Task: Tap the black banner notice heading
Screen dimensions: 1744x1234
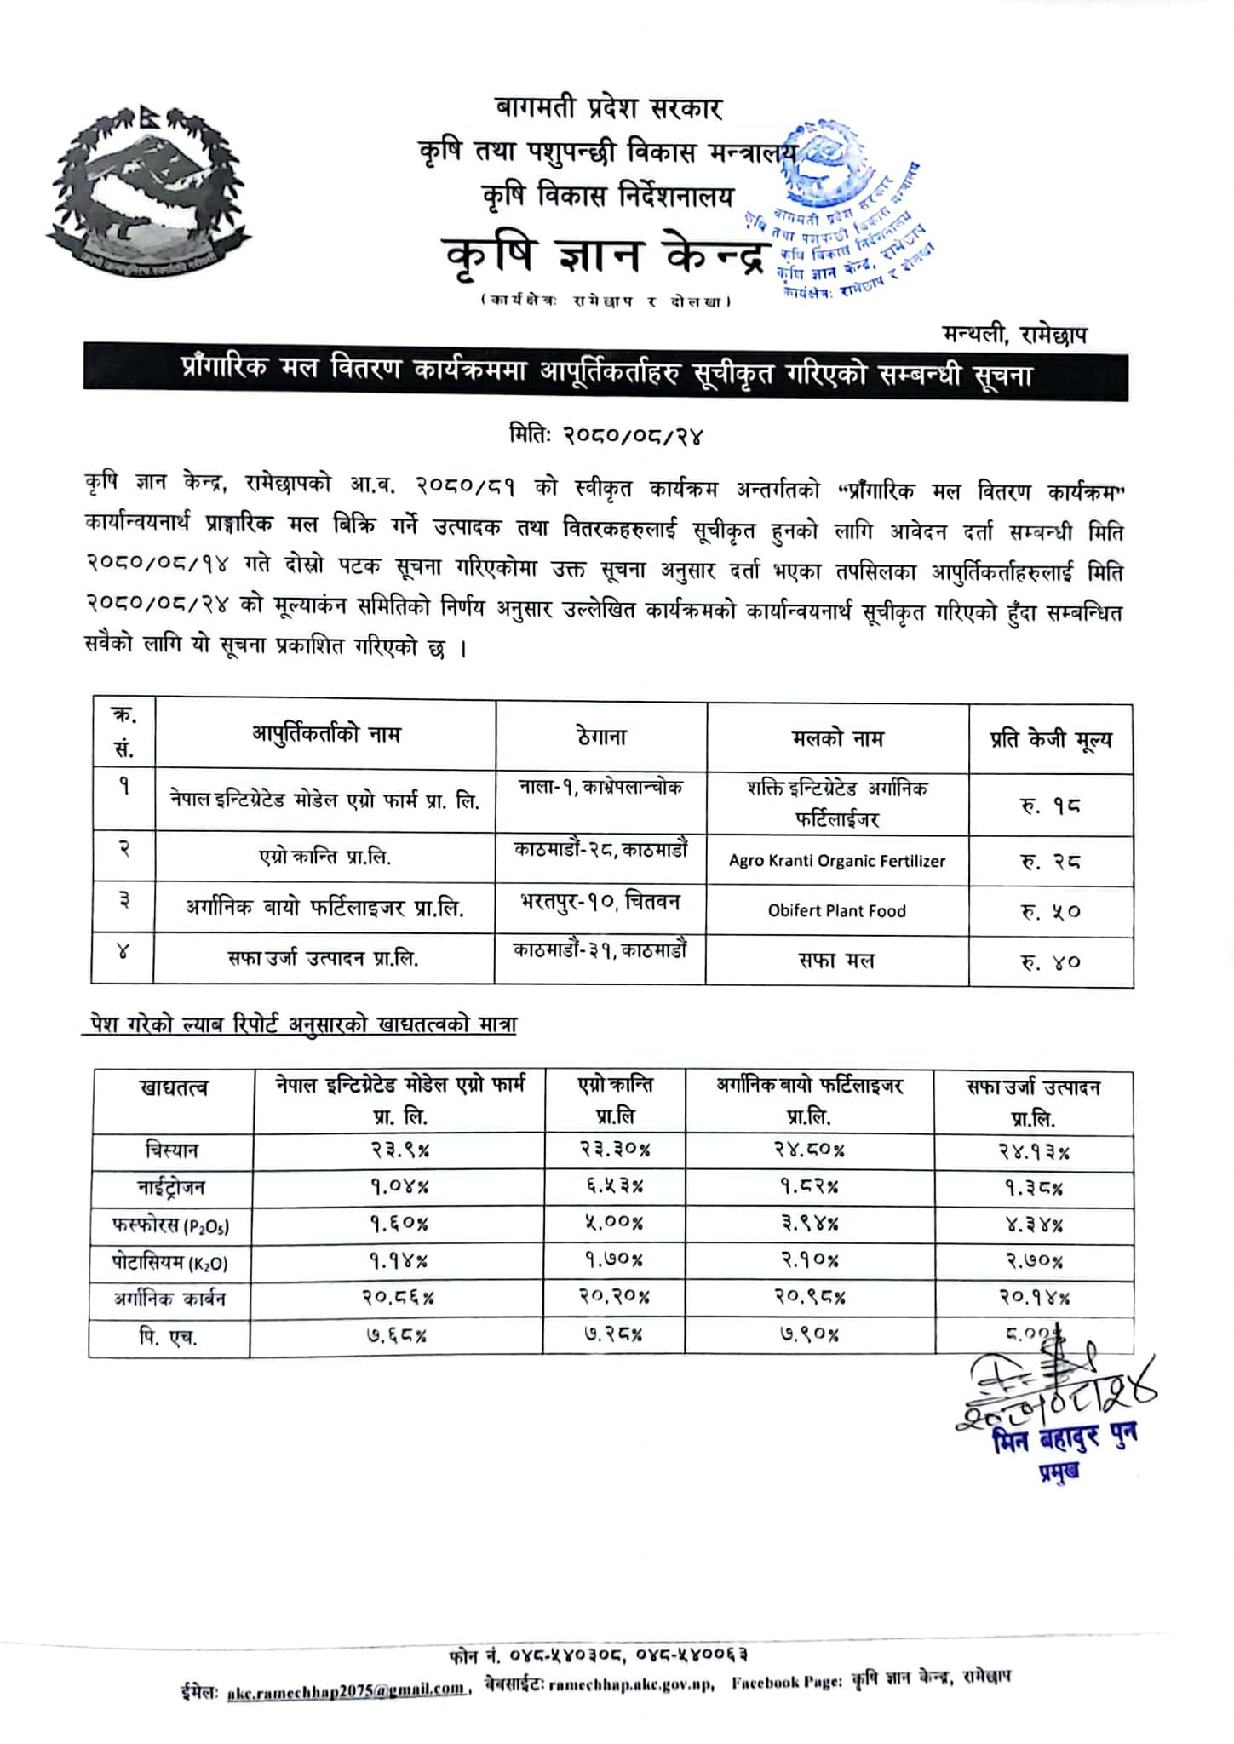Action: click(x=606, y=372)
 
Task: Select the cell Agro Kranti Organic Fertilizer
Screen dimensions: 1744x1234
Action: click(x=836, y=861)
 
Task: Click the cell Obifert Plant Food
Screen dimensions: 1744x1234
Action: click(x=836, y=910)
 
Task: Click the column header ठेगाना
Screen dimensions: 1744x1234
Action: click(x=600, y=737)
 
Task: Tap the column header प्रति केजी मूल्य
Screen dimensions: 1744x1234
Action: click(x=1050, y=739)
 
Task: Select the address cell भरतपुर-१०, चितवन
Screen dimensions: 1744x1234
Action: click(x=600, y=901)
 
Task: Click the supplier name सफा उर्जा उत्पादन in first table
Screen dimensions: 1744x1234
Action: click(x=323, y=959)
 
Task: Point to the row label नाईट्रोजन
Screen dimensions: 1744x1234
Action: click(x=170, y=1187)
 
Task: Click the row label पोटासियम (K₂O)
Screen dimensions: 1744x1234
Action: click(x=170, y=1262)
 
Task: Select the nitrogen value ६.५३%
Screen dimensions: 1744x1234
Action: click(x=614, y=1186)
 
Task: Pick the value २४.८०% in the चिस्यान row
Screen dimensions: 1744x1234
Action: click(x=809, y=1150)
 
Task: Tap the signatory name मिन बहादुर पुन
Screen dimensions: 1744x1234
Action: click(x=1065, y=1437)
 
